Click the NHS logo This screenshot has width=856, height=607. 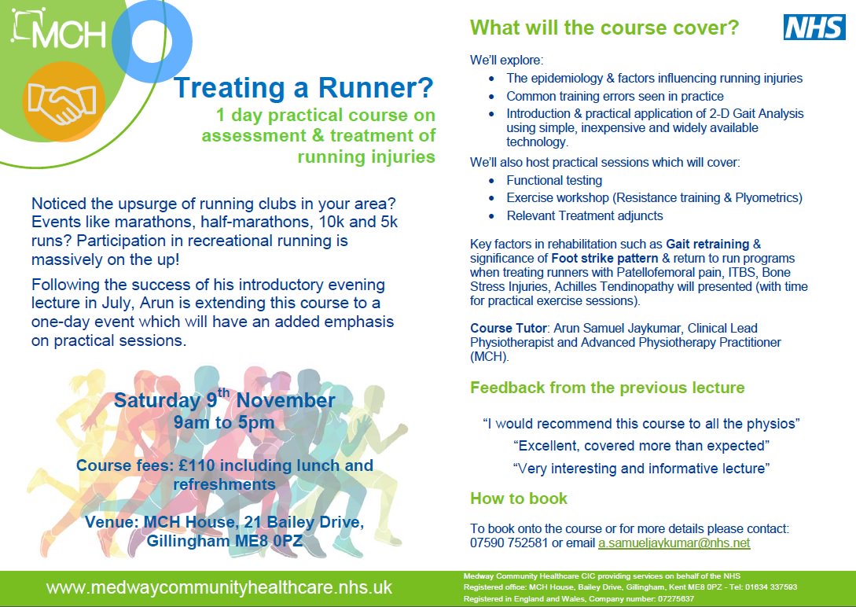814,28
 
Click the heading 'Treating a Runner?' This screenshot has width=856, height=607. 303,87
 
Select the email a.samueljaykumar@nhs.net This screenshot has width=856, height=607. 674,543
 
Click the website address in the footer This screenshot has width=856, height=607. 219,587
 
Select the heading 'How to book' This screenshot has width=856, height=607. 519,498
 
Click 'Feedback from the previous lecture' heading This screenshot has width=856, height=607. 608,388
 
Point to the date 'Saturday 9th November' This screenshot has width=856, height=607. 224,399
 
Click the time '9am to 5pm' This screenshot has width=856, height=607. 224,422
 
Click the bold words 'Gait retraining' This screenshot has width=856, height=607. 707,244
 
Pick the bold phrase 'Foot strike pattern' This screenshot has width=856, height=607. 605,258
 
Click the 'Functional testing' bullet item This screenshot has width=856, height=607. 554,181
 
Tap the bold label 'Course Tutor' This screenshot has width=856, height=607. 509,328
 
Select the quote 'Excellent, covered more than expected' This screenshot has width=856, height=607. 641,446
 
